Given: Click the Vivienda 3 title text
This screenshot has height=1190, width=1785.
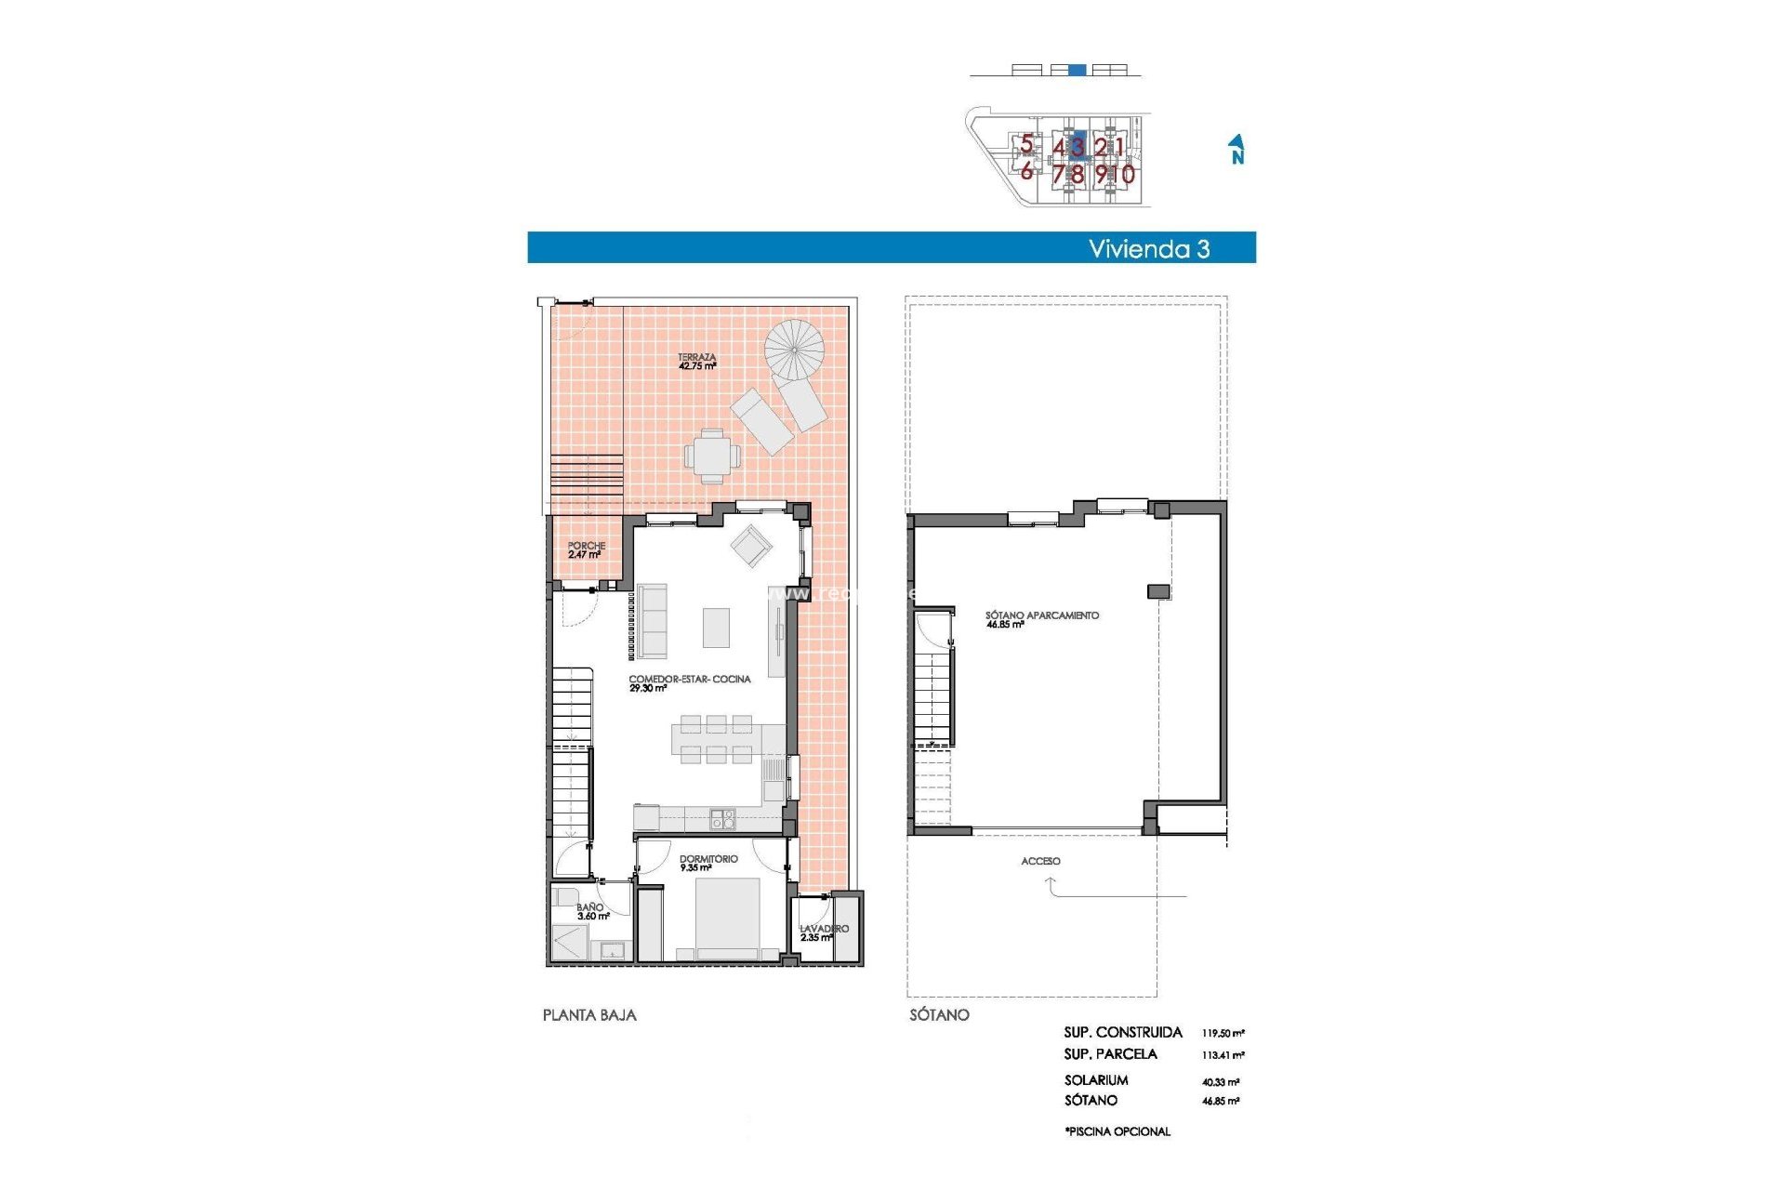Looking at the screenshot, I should coord(1148,248).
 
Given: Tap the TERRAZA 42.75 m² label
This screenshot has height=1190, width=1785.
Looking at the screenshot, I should coord(696,362).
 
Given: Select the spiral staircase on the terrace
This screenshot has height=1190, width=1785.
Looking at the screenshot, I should coord(794,350).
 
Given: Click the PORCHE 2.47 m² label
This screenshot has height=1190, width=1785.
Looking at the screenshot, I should coord(586,550).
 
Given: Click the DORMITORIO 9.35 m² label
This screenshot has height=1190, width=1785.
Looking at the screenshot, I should coord(707,863).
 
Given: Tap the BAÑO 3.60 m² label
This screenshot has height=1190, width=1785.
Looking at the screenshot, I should coord(592,911).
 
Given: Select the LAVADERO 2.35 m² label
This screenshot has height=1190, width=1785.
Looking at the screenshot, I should coord(823,932).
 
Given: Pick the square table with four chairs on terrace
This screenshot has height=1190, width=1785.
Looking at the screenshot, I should coord(712,456).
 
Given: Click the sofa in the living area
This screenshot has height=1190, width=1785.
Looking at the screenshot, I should coord(652,621).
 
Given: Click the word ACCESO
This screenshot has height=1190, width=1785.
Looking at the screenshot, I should coord(1040,861).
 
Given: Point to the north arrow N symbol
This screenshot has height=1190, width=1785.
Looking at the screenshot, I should coord(1236,150).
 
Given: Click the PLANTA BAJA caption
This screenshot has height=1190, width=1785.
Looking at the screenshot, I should coord(589,1015).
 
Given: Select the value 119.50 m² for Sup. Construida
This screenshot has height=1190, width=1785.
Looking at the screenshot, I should coord(1223,1033).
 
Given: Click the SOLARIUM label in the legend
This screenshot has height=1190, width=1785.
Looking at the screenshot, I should coord(1096,1080).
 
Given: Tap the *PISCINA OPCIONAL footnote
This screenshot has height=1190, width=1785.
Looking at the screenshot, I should coord(1117,1131).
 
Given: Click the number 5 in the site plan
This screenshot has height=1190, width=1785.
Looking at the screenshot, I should coord(1026,144).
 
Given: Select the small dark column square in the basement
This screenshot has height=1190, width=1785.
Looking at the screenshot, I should coord(1158,591).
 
